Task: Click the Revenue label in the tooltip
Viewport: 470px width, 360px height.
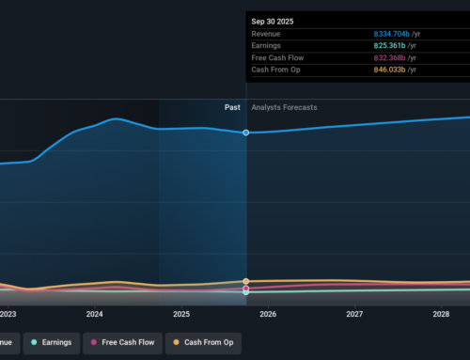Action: tap(269, 34)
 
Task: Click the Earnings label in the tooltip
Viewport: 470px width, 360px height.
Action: tap(269, 46)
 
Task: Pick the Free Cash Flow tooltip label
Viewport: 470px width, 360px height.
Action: tap(278, 58)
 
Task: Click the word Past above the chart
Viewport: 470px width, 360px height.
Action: tap(232, 107)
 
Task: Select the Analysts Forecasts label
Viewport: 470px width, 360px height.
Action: tap(285, 107)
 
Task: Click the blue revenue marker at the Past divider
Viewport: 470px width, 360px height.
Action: tap(246, 133)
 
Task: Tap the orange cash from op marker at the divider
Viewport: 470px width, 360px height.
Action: tap(246, 281)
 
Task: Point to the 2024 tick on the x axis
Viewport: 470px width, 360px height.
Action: tap(94, 314)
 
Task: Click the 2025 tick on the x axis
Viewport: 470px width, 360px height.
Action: tap(181, 314)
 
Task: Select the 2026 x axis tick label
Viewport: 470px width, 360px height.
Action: tap(268, 314)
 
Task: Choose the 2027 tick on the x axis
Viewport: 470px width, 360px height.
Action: tap(354, 314)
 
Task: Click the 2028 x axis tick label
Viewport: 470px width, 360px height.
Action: tap(441, 314)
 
